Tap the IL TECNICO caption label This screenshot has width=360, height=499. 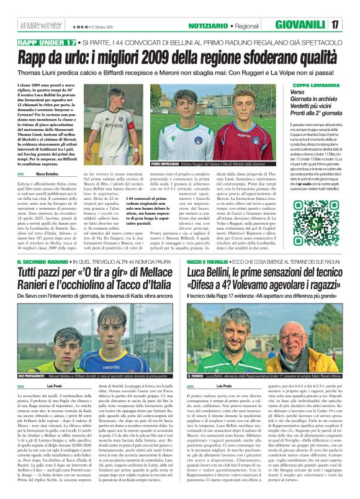(x=196, y=376)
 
